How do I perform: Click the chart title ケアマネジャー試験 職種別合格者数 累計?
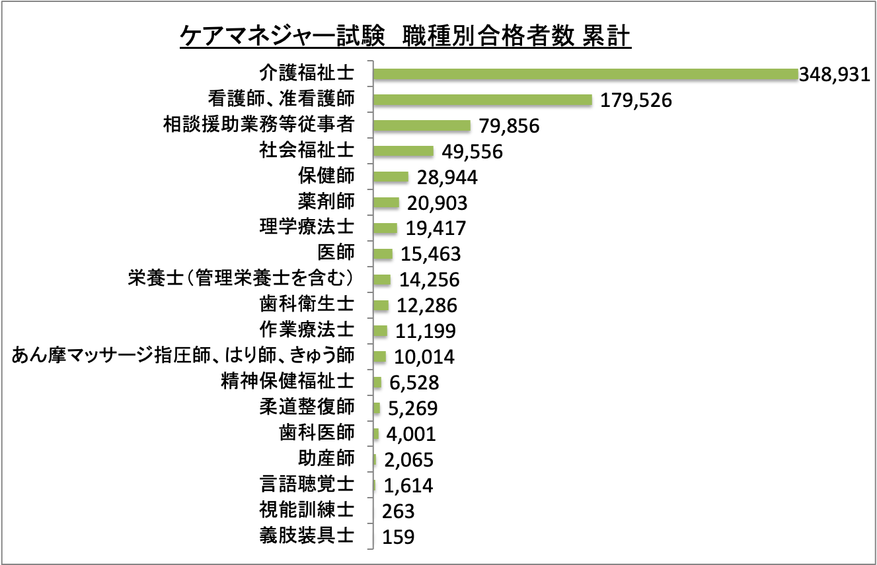pos(406,36)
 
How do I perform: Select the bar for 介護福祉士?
pos(586,74)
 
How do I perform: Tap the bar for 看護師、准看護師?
pos(482,100)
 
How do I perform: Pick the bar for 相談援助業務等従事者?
pos(422,125)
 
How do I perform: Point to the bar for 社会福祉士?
pos(403,151)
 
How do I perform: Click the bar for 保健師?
pos(391,177)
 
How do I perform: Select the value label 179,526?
pos(636,101)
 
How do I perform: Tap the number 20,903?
pos(437,203)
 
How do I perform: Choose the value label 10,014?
pos(424,358)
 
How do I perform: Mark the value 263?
pos(399,512)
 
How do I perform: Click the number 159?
pos(399,537)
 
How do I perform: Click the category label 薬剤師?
pos(326,200)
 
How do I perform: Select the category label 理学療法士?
pos(307,226)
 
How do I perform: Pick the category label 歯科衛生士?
pos(307,304)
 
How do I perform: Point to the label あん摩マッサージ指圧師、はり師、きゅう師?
pos(184,355)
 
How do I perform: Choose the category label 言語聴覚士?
pos(307,484)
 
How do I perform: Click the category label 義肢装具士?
pos(307,535)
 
